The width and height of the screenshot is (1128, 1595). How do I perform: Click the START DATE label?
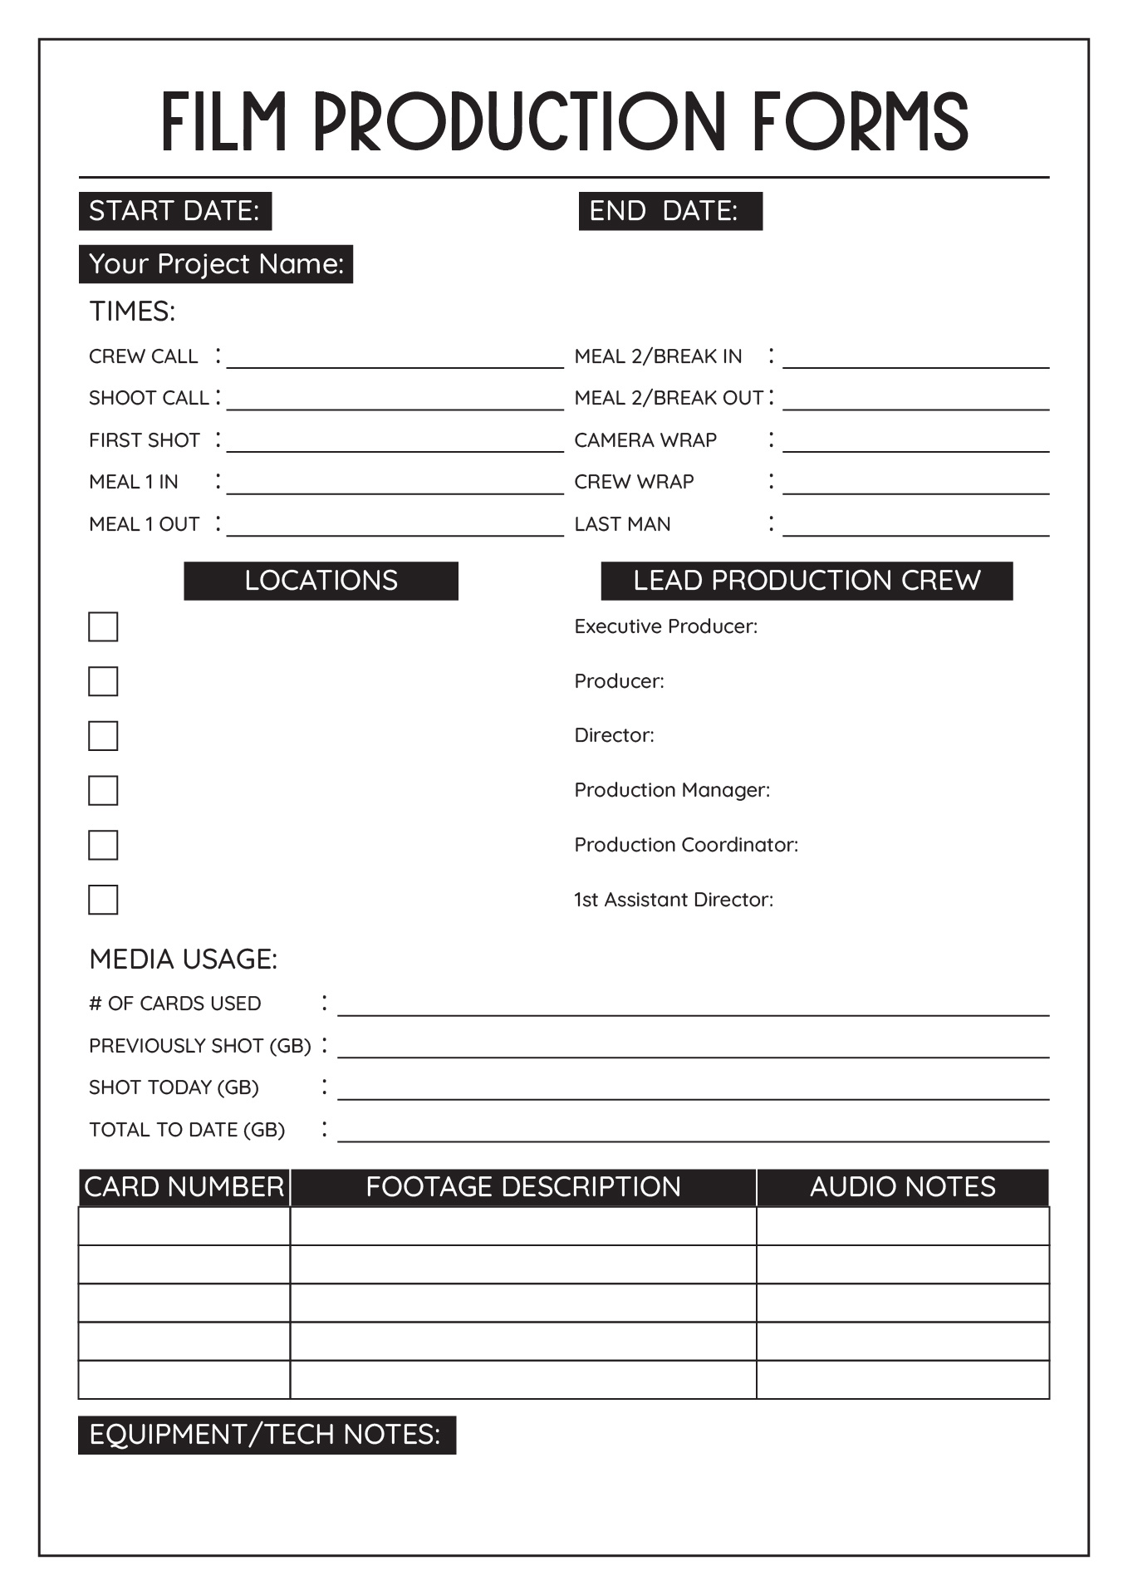tap(174, 211)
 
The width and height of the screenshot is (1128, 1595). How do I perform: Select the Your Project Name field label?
tap(216, 264)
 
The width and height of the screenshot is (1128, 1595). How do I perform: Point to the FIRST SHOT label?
tap(145, 440)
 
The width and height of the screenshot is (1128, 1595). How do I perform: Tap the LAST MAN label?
tap(622, 524)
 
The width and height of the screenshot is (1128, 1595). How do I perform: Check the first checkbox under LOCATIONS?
tap(103, 627)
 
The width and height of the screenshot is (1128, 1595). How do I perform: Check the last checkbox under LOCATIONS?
tap(103, 900)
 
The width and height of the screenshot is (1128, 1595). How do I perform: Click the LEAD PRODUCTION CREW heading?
tap(807, 581)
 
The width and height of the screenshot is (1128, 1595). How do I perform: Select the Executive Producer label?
tap(665, 626)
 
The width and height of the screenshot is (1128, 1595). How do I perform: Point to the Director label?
tap(614, 735)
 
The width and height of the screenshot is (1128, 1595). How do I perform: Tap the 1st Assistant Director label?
tap(674, 900)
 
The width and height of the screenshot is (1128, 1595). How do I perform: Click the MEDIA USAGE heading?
tap(183, 959)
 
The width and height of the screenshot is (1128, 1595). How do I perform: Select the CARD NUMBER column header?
tap(184, 1187)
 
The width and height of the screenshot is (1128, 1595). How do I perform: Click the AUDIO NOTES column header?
tap(902, 1187)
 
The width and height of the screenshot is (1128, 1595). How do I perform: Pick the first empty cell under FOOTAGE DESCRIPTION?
tap(522, 1226)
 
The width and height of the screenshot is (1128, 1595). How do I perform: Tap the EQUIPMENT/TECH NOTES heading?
tap(266, 1435)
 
